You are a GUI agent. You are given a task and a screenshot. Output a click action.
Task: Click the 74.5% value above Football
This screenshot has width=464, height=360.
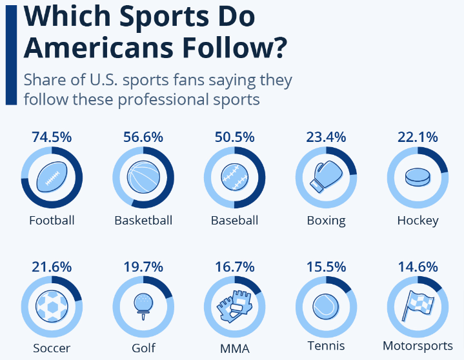52,137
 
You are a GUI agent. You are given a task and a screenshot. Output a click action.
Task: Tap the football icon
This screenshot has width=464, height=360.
52,175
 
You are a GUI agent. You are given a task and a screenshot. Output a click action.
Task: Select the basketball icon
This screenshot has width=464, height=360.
143,175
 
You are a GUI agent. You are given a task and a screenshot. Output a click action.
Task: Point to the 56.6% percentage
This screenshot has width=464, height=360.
143,137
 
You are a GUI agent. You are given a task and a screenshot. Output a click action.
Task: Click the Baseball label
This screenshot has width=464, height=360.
234,220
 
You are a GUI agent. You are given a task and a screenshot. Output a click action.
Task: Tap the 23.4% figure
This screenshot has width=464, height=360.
326,137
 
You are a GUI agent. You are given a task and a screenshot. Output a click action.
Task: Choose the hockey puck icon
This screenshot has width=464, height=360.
417,176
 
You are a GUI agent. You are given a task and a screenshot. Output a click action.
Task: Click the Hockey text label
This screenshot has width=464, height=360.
418,220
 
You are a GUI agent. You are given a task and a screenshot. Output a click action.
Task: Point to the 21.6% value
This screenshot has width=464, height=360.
52,266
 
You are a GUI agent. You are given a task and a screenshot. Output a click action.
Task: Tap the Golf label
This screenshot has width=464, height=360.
143,348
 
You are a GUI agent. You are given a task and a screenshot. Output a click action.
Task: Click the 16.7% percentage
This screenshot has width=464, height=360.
234,266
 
